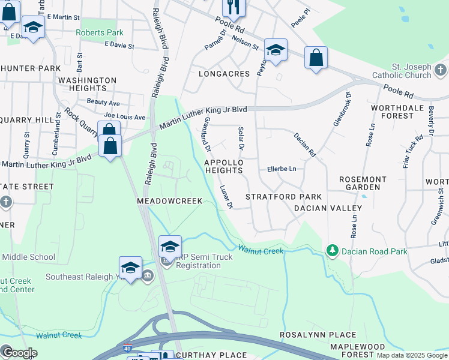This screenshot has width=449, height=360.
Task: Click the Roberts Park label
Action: pyautogui.click(x=99, y=32)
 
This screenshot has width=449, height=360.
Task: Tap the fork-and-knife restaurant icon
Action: pyautogui.click(x=233, y=7)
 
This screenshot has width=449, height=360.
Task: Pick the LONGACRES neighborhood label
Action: pyautogui.click(x=224, y=74)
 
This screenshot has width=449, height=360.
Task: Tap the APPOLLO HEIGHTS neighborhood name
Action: pyautogui.click(x=224, y=166)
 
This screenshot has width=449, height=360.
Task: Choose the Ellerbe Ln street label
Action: pyautogui.click(x=282, y=169)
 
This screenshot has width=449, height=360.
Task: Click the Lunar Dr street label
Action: pyautogui.click(x=225, y=197)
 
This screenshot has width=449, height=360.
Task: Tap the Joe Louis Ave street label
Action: pyautogui.click(x=125, y=116)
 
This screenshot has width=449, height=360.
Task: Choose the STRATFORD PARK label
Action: pyautogui.click(x=283, y=197)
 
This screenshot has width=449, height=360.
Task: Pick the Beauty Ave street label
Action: pyautogui.click(x=103, y=103)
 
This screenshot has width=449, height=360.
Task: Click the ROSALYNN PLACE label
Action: pyautogui.click(x=312, y=334)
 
